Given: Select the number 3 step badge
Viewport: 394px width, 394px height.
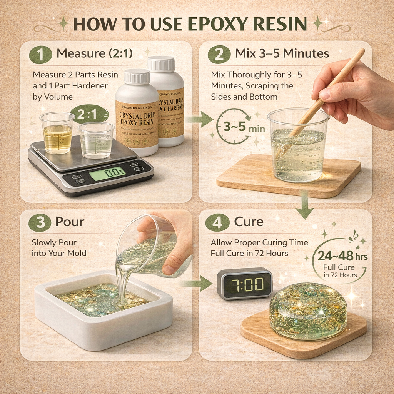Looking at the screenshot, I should click(x=40, y=222).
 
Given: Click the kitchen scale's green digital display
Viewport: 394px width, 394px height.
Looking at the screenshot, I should click(x=107, y=174).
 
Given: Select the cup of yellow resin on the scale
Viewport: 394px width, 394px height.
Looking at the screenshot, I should click(x=57, y=133).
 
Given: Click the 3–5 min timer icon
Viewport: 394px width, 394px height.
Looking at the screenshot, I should click(x=233, y=127).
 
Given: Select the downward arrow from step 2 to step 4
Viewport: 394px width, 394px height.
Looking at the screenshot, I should click(x=304, y=207).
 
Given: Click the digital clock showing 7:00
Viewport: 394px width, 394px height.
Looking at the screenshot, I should click(x=244, y=284).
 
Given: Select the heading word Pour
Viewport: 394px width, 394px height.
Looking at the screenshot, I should click(x=70, y=222).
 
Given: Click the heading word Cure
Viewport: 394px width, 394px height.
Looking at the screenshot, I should click(x=249, y=222).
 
